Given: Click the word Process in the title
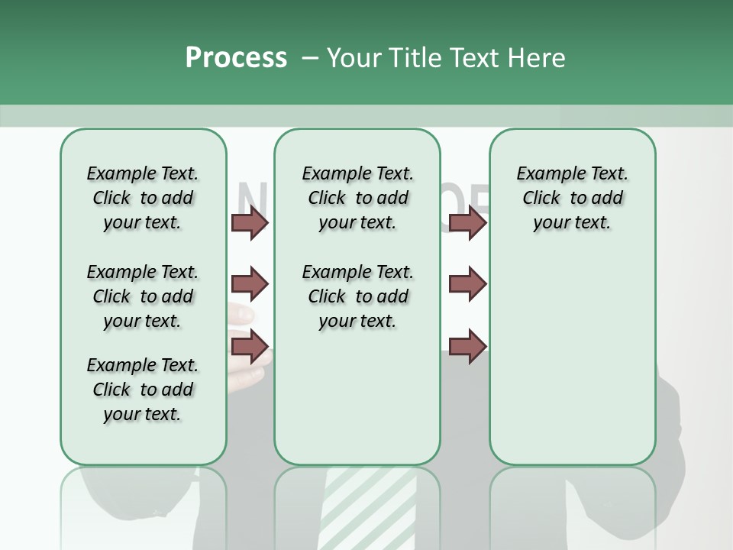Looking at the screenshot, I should tap(236, 58).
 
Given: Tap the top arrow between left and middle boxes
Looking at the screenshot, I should tap(250, 222).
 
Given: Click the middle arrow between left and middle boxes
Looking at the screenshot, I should tap(250, 284).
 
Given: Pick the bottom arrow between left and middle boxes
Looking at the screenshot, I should tap(250, 347).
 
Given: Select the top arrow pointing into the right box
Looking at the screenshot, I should tap(467, 222).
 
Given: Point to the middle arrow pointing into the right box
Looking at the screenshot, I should tap(467, 284).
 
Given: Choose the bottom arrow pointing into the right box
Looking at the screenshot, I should tap(467, 347).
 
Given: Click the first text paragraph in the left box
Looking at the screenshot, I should tap(143, 198).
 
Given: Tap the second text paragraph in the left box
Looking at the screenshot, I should tap(143, 296).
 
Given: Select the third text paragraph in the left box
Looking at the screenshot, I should tap(143, 390).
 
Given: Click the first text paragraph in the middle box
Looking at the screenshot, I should tap(357, 198).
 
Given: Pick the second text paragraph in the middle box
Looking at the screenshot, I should tap(357, 296).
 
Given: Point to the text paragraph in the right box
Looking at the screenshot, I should tap(572, 198).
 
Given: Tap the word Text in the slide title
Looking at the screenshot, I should tap(473, 58).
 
